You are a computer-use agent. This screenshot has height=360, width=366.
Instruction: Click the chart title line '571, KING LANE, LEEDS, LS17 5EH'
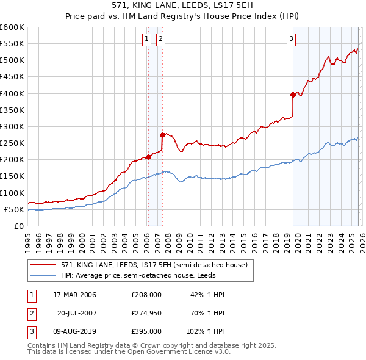(183, 5)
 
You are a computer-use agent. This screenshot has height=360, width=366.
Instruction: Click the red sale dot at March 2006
(148, 157)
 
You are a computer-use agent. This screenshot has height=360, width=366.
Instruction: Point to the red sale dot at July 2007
(162, 135)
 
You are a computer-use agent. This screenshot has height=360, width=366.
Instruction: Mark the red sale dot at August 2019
(293, 95)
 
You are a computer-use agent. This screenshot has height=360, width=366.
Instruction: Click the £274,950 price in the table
(146, 313)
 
